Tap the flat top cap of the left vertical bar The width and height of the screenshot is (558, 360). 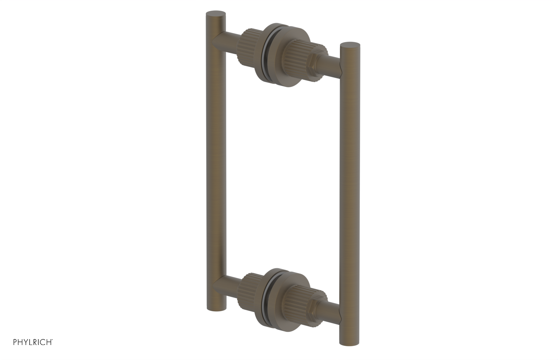[216, 14]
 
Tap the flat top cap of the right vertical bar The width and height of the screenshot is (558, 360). [349, 45]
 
